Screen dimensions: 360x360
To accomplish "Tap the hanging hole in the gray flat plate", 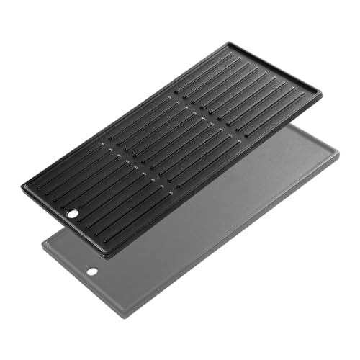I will click(91, 271).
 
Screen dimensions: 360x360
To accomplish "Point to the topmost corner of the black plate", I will click(230, 42).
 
